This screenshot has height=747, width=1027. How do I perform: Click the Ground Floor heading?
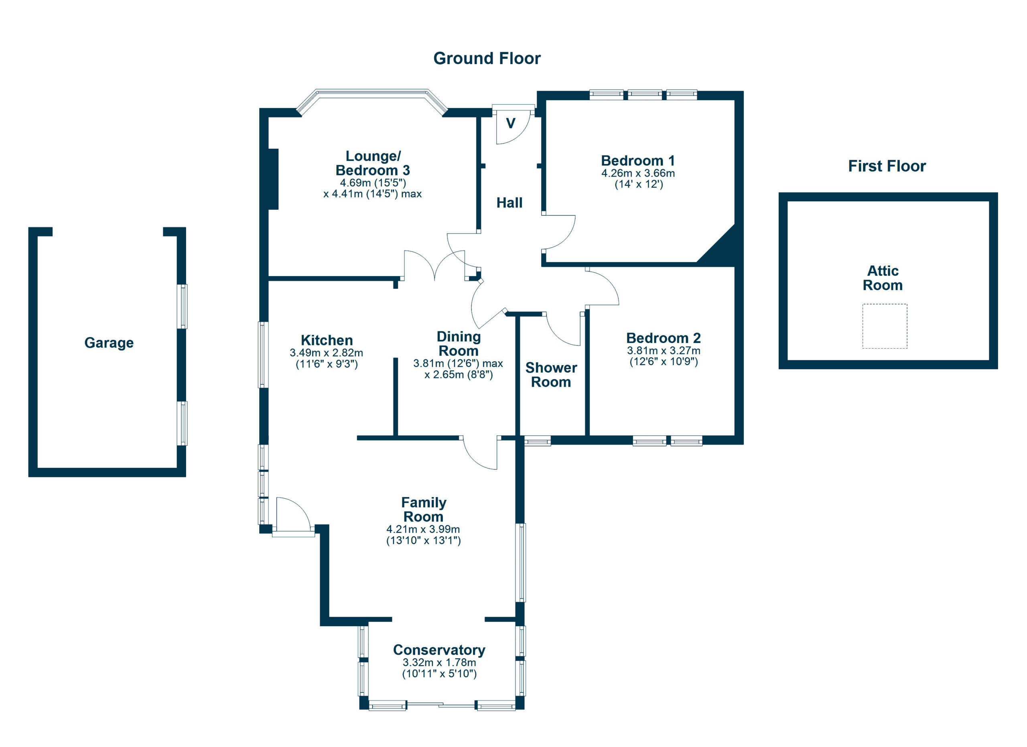487,59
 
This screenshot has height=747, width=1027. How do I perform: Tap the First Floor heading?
887,166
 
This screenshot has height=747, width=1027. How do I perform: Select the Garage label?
109,343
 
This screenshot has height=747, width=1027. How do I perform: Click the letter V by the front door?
510,123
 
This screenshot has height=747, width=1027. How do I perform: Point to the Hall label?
509,203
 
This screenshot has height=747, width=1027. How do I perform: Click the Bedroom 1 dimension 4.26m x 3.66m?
637,173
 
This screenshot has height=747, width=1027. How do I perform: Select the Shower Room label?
551,375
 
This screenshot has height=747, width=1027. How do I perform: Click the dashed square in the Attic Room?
884,326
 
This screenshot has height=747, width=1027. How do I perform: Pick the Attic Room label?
882,278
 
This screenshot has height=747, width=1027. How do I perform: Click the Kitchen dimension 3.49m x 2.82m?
326,353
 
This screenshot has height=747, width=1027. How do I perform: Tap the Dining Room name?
458,344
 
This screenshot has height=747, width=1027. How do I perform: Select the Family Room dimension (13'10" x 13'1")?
423,540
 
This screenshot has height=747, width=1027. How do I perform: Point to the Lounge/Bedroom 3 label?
372,163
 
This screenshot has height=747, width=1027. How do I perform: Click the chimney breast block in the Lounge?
273,179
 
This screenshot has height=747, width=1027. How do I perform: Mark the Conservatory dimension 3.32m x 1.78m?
439,662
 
